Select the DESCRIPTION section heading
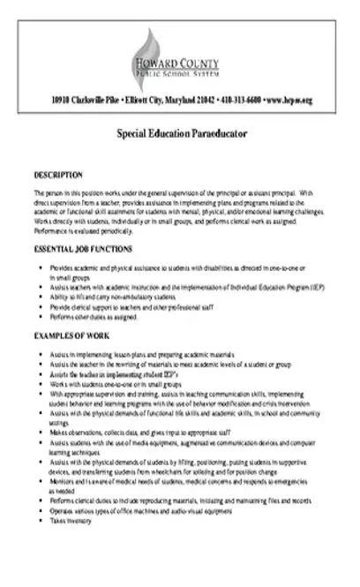tap(58, 175)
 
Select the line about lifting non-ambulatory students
tap(101, 297)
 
